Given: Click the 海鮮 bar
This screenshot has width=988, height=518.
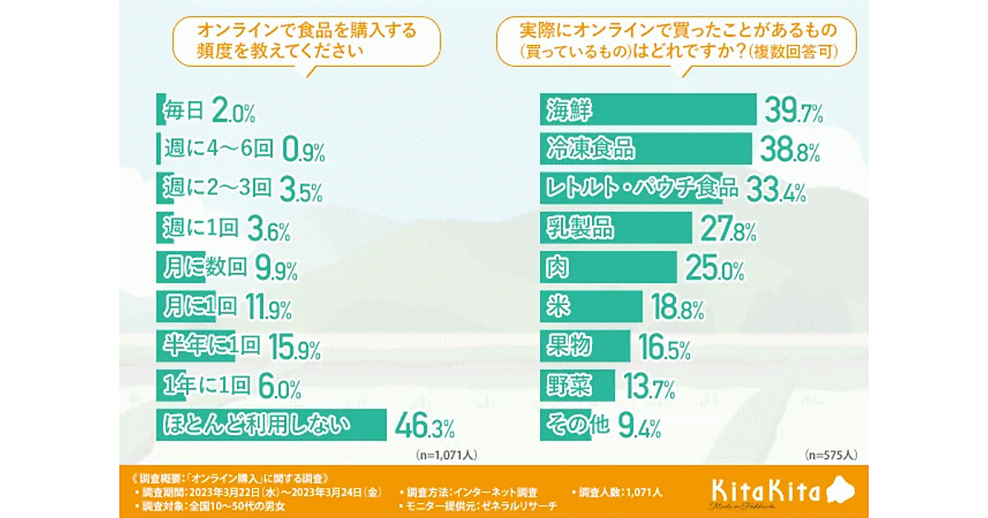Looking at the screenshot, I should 648,109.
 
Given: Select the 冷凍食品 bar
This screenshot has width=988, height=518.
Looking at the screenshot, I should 646,149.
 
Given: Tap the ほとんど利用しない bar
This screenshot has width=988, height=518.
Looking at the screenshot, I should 272,425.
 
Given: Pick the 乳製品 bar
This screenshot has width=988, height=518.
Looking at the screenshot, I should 617,228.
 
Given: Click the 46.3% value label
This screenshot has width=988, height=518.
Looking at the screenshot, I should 425,427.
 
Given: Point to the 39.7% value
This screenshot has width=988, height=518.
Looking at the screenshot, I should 794,110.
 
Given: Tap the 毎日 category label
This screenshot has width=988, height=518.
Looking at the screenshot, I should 184,109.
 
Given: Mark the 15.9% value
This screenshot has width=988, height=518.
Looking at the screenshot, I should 293,347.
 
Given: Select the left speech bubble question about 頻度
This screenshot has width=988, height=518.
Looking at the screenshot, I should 305,40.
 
